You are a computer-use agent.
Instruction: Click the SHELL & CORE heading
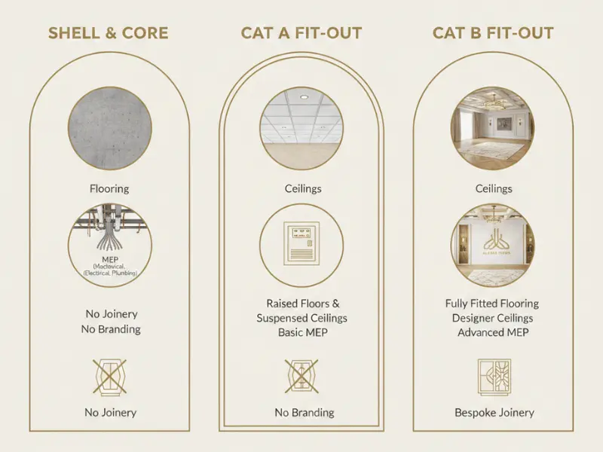tap(108, 33)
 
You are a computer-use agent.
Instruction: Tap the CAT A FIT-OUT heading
tap(301, 33)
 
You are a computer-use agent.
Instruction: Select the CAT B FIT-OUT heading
tap(493, 33)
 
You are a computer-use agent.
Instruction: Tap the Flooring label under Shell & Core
tap(110, 188)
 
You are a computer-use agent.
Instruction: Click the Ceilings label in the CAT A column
tap(301, 188)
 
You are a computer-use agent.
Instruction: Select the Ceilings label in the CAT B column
tap(494, 188)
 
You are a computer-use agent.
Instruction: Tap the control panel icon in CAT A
tap(301, 243)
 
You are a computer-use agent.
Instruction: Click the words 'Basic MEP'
tap(301, 332)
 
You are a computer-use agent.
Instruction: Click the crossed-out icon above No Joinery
tap(110, 377)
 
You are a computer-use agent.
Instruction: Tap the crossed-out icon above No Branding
tap(301, 377)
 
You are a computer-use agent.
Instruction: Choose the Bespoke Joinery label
tap(494, 412)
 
